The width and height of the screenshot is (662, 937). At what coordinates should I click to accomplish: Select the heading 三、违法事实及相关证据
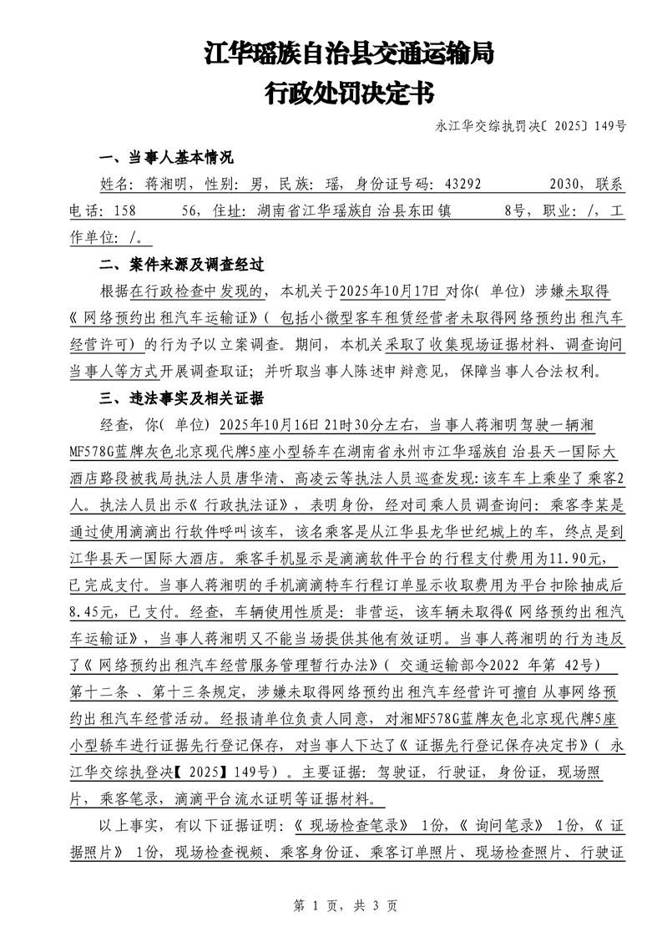click(x=181, y=397)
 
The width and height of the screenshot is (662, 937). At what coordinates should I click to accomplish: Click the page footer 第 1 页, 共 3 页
click(x=331, y=904)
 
